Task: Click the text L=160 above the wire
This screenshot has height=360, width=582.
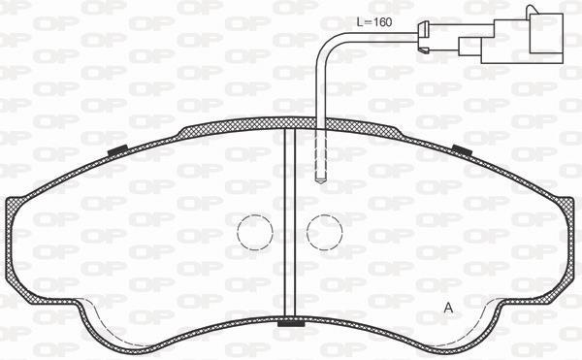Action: coord(374,22)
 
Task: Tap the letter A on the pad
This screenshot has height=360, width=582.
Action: coord(449,308)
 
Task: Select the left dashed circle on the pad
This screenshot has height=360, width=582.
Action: coord(255,232)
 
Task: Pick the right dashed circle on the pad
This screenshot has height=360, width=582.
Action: coord(324,232)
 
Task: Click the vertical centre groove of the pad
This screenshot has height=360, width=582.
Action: coord(290,222)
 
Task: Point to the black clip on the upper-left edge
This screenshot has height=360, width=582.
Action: coord(117,150)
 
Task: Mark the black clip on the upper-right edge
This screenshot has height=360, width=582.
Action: coord(462,150)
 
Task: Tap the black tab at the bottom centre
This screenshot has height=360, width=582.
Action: coord(291,324)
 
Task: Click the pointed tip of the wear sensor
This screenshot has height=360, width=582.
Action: coord(320,180)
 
